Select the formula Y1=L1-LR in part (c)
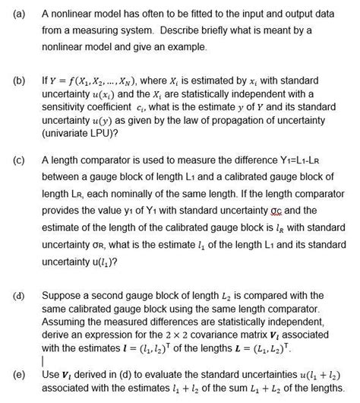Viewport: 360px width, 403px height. click(320, 161)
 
